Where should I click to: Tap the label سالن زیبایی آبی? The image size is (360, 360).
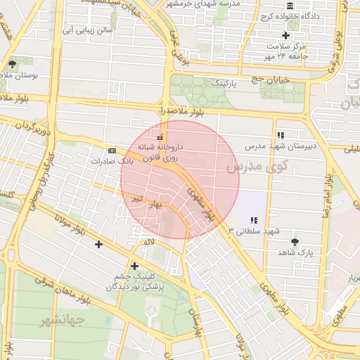[x=87, y=30]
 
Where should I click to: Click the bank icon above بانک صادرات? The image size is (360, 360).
[x=112, y=151]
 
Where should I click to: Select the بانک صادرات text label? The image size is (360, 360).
[x=112, y=161]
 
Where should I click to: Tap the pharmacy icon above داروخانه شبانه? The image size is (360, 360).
[x=161, y=136]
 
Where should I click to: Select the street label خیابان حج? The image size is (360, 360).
[x=285, y=80]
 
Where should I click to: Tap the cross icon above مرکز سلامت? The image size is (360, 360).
[x=285, y=35]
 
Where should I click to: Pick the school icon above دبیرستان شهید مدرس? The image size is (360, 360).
[x=281, y=135]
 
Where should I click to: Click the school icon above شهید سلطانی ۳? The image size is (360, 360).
[x=254, y=220]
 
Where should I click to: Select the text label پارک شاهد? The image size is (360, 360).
[x=295, y=251]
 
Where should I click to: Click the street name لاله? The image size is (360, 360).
[x=148, y=243]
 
